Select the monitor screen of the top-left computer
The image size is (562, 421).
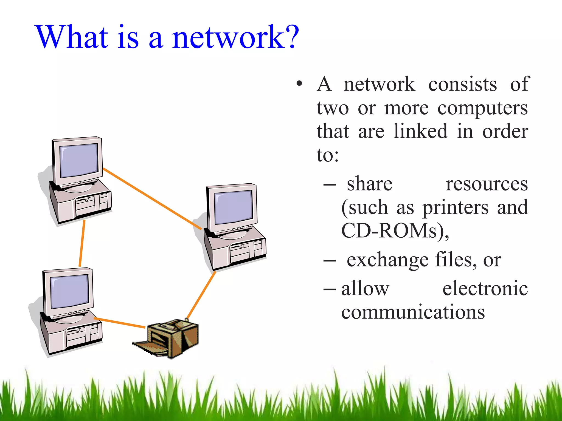[79, 160]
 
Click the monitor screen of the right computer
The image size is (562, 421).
[233, 207]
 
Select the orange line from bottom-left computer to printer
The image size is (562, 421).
[120, 323]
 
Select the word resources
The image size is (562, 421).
[487, 184]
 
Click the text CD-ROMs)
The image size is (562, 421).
[395, 231]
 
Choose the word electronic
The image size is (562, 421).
[485, 289]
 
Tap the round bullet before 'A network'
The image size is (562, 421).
[299, 83]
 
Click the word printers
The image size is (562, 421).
[455, 208]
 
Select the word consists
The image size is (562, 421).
[462, 84]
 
